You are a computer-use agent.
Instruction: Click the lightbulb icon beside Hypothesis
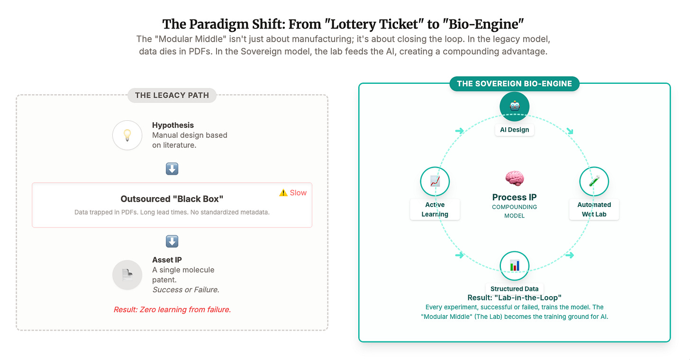click(x=127, y=135)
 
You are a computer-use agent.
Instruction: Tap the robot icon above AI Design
click(x=514, y=106)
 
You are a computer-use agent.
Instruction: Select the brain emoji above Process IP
click(x=514, y=179)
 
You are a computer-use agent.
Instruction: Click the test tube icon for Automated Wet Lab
click(x=594, y=181)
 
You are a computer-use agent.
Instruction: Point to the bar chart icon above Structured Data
click(x=514, y=265)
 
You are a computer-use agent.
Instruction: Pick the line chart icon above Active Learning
click(x=435, y=181)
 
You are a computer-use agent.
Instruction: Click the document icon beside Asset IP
click(x=127, y=275)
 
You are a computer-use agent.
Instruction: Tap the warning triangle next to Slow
click(x=283, y=192)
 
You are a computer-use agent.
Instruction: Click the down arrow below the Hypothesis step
click(x=172, y=169)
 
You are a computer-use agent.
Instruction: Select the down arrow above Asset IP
click(x=172, y=242)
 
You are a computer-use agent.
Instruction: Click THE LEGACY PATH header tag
click(x=172, y=95)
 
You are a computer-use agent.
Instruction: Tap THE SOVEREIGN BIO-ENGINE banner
click(x=514, y=84)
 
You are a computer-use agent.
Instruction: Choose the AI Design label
click(x=514, y=130)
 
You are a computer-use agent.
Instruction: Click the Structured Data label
click(x=514, y=288)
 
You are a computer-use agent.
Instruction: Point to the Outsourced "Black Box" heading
click(x=172, y=199)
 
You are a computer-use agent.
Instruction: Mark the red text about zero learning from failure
click(x=172, y=310)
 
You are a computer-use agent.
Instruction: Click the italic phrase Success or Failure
click(x=186, y=289)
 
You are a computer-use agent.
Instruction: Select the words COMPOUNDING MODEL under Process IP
click(x=514, y=211)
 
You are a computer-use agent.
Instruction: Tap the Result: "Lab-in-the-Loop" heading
click(x=514, y=297)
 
